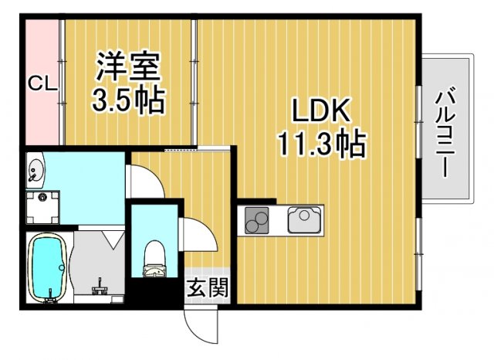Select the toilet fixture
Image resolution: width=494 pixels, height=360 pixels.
coord(155,258)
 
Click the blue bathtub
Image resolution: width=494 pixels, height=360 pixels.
coord(48,267)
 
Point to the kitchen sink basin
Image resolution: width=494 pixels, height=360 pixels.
coord(304,221)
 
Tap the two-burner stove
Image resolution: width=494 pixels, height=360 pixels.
coord(258,222)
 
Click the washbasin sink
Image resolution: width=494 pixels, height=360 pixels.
coord(36,169)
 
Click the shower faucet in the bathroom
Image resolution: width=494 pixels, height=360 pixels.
coord(99,287)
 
